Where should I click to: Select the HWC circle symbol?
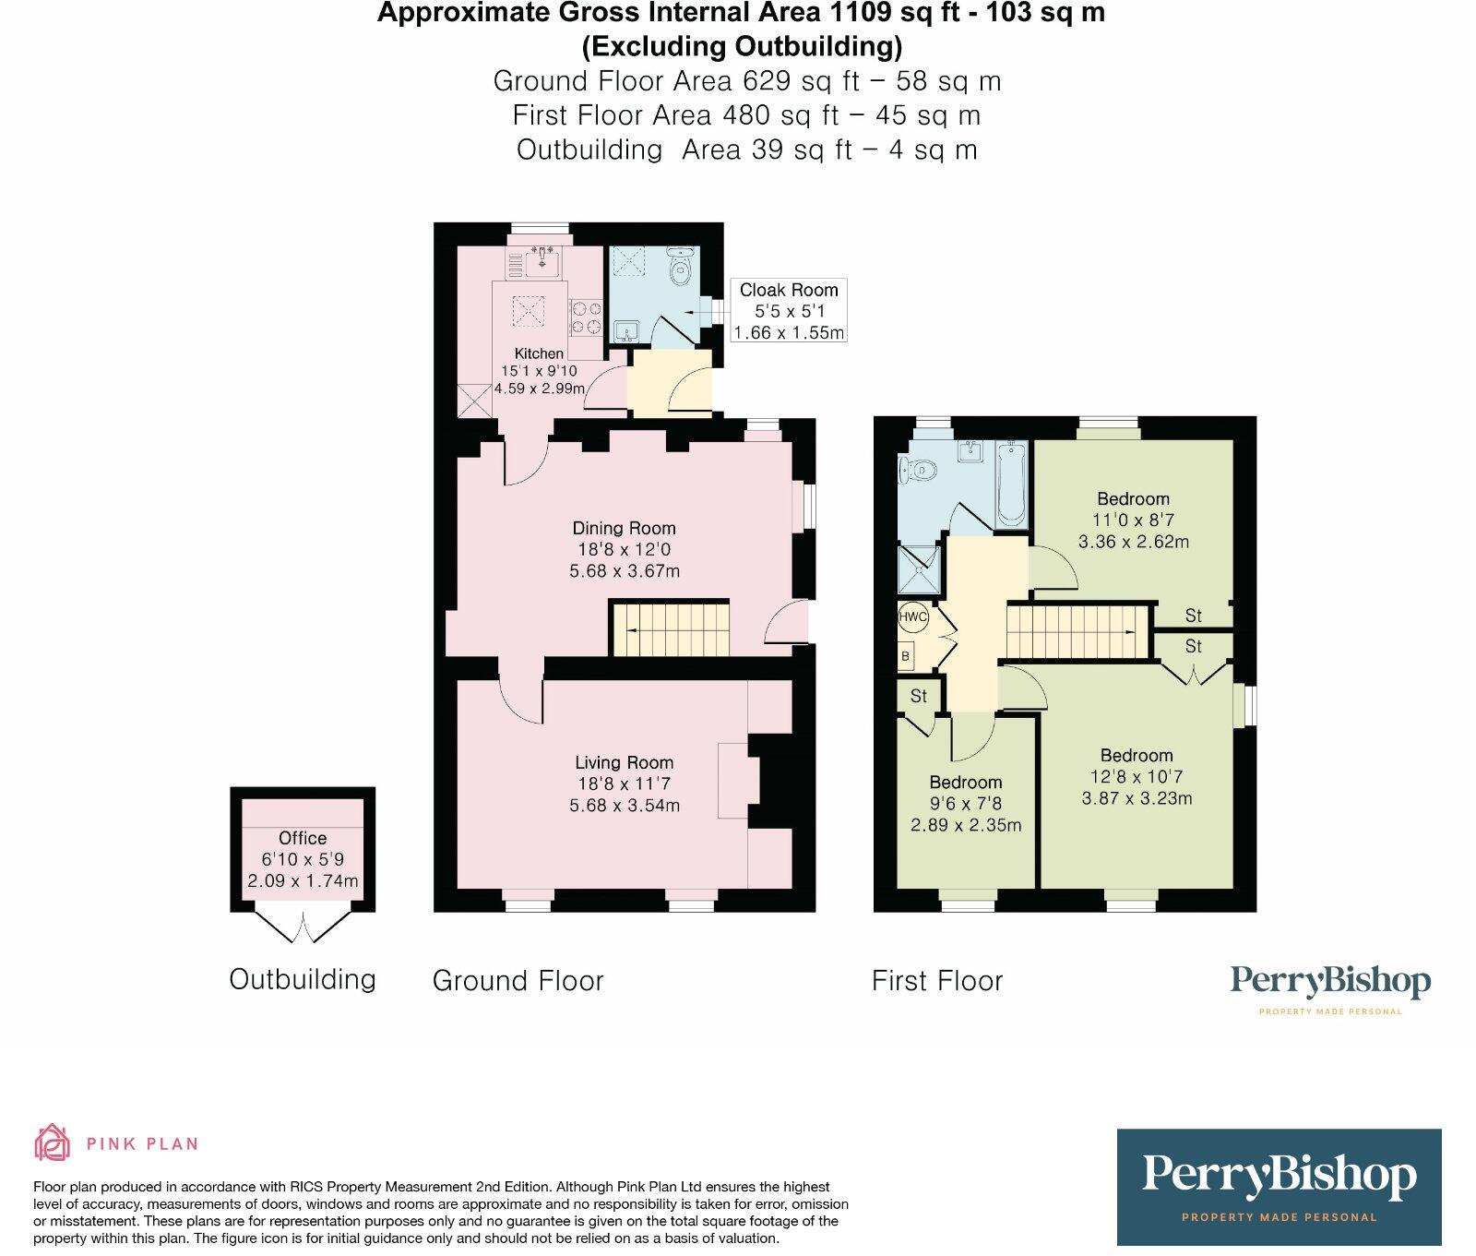pos(913,616)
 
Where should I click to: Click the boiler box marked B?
pos(906,656)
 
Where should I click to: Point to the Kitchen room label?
pos(539,353)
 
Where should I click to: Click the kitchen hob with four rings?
pos(585,317)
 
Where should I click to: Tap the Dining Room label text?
pos(624,528)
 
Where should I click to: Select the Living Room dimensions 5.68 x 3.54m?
pos(625,805)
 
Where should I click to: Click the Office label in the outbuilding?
pos(303,838)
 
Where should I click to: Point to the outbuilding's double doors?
pos(303,925)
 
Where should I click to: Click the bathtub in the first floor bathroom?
pos(1011,484)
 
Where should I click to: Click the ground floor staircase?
pos(671,629)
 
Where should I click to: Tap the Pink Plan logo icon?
pos(53,1142)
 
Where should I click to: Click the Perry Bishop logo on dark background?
pos(1279,1186)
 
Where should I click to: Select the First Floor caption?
pos(937,981)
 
